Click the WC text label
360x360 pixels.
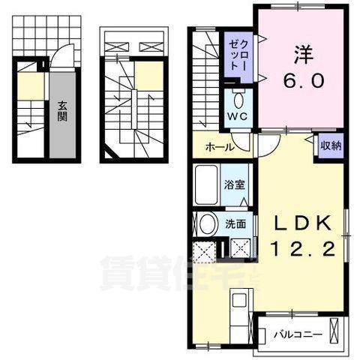(x=238, y=118)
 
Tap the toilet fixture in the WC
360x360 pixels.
(x=238, y=99)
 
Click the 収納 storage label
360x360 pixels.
(x=330, y=145)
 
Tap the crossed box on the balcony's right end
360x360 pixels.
(x=335, y=331)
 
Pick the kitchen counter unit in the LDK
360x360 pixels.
(x=241, y=315)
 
